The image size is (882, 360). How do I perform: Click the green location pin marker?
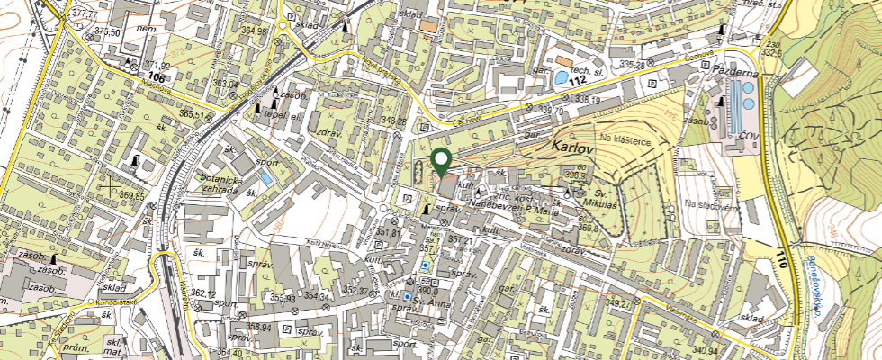click(x=441, y=161)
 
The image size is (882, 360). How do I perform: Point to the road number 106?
click(x=157, y=77)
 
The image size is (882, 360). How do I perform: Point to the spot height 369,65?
click(x=130, y=195)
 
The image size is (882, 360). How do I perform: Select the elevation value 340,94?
click(x=706, y=351)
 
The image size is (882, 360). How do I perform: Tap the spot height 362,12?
click(x=203, y=293)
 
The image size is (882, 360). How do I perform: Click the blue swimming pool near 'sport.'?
click(x=266, y=178)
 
